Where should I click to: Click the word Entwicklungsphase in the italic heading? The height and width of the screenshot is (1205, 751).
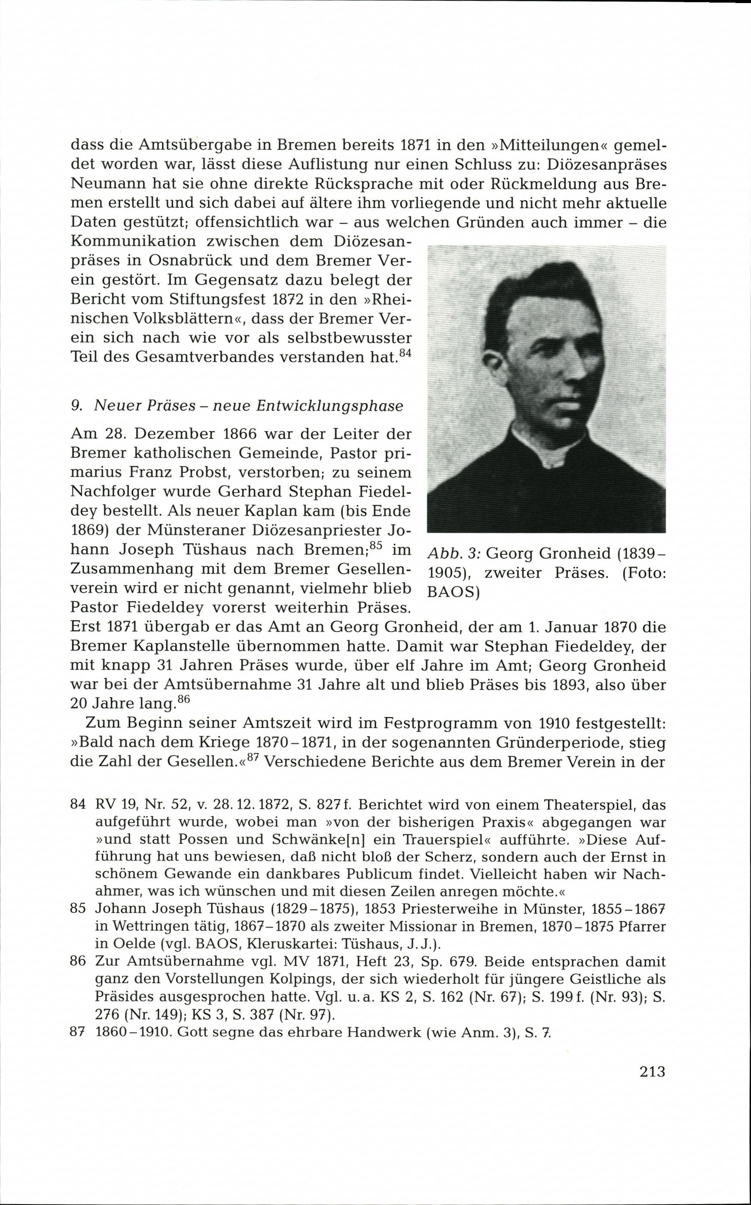pos(330,406)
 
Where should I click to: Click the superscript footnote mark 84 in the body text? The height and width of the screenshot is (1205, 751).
pos(405,353)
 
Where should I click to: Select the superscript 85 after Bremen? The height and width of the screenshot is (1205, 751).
pos(376,546)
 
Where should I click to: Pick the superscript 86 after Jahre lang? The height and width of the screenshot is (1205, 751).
pos(184,700)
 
